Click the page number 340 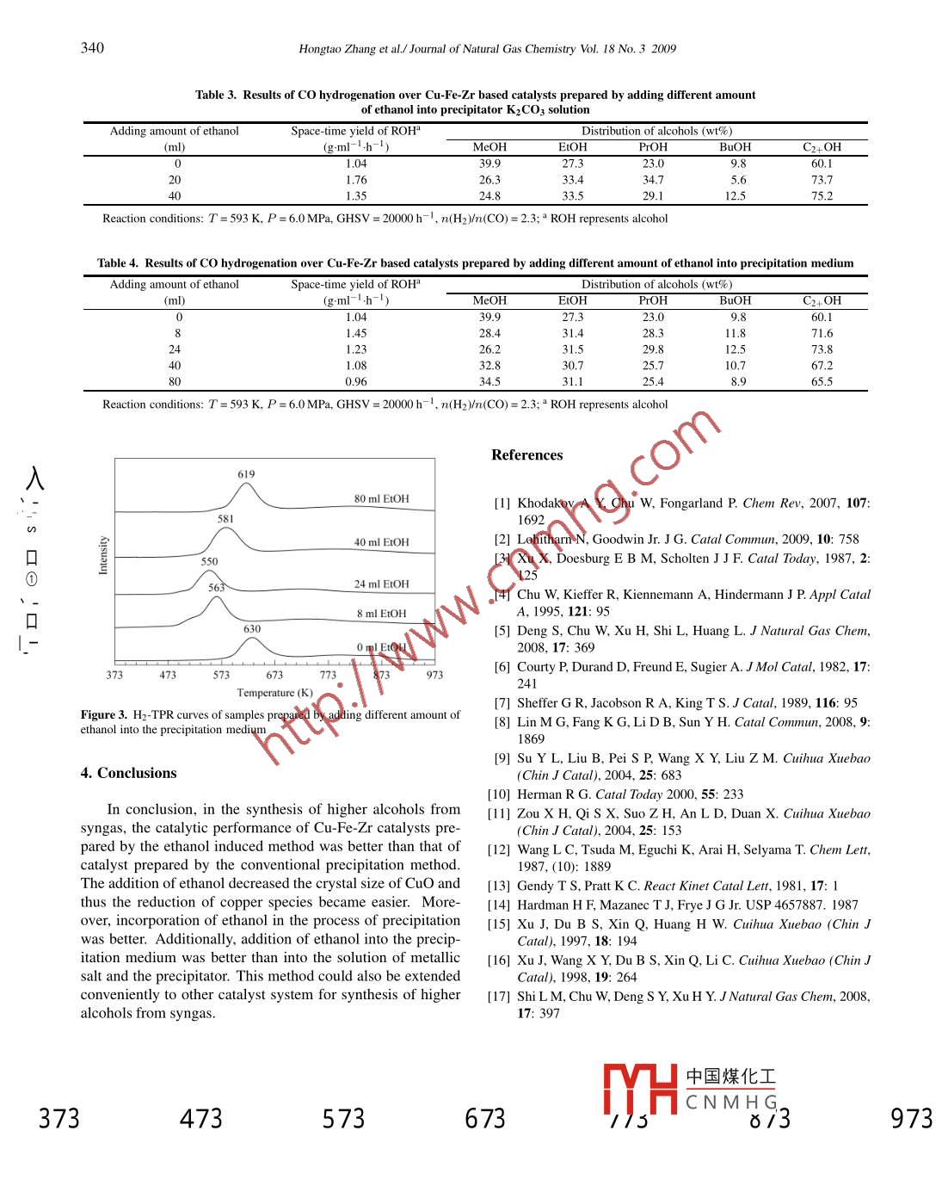92,47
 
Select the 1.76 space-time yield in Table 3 356,180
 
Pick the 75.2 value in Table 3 822,196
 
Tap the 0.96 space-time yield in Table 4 356,382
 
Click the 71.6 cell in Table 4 822,333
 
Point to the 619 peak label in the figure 246,474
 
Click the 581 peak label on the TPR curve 225,519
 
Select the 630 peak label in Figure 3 251,629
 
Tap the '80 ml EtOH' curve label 381,499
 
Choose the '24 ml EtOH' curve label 381,584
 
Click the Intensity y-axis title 104,555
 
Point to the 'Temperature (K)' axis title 274,693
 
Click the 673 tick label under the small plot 274,675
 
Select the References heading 526,455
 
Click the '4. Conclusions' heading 128,773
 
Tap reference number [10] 499,794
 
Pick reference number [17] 499,997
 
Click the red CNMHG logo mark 640,1090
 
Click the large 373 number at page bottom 58,1119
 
